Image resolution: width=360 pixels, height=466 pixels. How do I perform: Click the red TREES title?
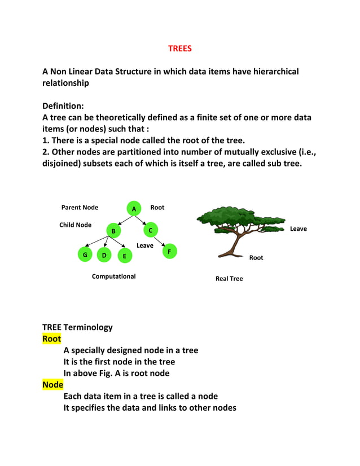coord(179,49)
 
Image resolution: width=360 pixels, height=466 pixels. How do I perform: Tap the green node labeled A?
coord(133,208)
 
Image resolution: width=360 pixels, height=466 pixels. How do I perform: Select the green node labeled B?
coord(113,231)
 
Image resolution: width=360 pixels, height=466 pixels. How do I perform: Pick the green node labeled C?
coord(151,230)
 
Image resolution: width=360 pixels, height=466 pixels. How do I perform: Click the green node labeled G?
coord(85,255)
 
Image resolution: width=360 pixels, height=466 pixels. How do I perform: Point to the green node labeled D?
coord(104,255)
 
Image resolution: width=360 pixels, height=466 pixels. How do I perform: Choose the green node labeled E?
coord(124,256)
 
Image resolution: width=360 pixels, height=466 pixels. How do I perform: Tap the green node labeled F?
coord(169,251)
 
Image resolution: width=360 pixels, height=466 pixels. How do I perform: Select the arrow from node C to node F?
coord(160,241)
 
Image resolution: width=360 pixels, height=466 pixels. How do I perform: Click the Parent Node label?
coord(80,208)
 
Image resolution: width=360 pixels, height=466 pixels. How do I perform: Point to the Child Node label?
coord(75,225)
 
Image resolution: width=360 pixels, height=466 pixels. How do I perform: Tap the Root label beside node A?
coord(157,208)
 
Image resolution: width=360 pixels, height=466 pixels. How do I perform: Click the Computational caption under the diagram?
coord(113,276)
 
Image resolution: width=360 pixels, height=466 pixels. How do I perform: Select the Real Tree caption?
coord(229,279)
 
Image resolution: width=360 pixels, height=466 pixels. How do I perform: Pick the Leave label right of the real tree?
coord(298,228)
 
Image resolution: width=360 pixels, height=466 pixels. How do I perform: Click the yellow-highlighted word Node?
coord(52,385)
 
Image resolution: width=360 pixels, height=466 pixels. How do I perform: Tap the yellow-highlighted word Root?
coord(51,339)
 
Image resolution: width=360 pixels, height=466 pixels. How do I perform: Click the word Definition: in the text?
coord(63,105)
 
